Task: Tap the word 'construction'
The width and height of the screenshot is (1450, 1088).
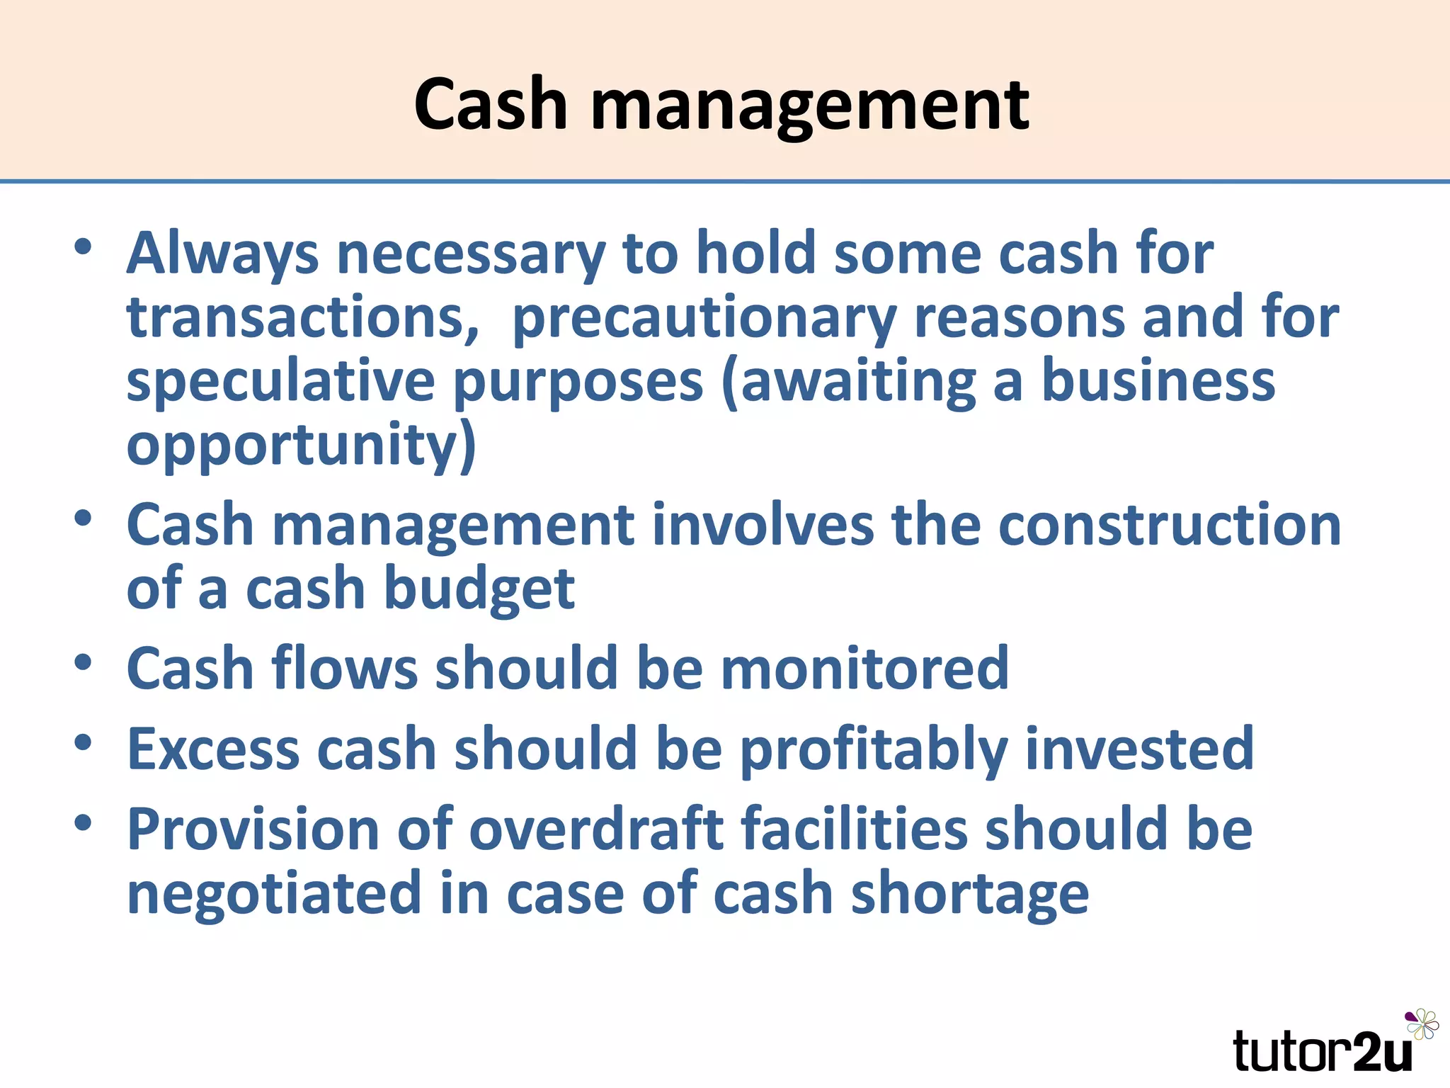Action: pyautogui.click(x=1169, y=526)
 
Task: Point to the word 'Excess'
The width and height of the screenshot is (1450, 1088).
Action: pyautogui.click(x=213, y=749)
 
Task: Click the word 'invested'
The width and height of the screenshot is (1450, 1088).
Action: pyautogui.click(x=1139, y=749)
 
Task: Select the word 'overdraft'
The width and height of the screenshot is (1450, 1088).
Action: pyautogui.click(x=597, y=830)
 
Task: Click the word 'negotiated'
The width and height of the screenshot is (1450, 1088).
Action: pyautogui.click(x=274, y=894)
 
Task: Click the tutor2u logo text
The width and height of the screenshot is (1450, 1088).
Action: pyautogui.click(x=1323, y=1051)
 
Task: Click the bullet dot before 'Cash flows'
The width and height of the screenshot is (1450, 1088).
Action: pyautogui.click(x=84, y=663)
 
